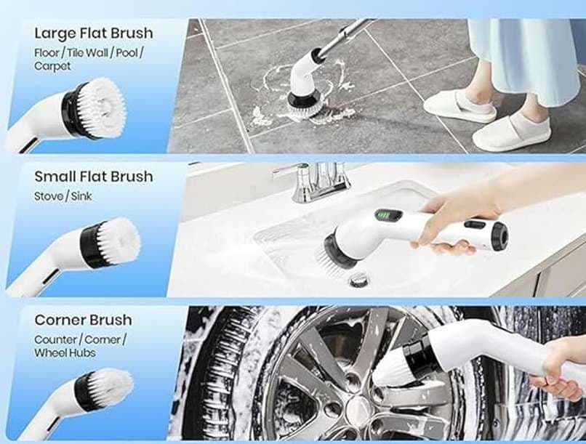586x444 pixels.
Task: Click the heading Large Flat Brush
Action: coord(94,33)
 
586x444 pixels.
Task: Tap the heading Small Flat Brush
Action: coord(94,177)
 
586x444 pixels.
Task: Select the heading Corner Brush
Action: coord(83,320)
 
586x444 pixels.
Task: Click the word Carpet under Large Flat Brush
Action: coord(52,66)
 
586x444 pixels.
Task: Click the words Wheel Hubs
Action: coord(65,353)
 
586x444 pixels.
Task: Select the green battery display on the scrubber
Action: coord(388,216)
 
